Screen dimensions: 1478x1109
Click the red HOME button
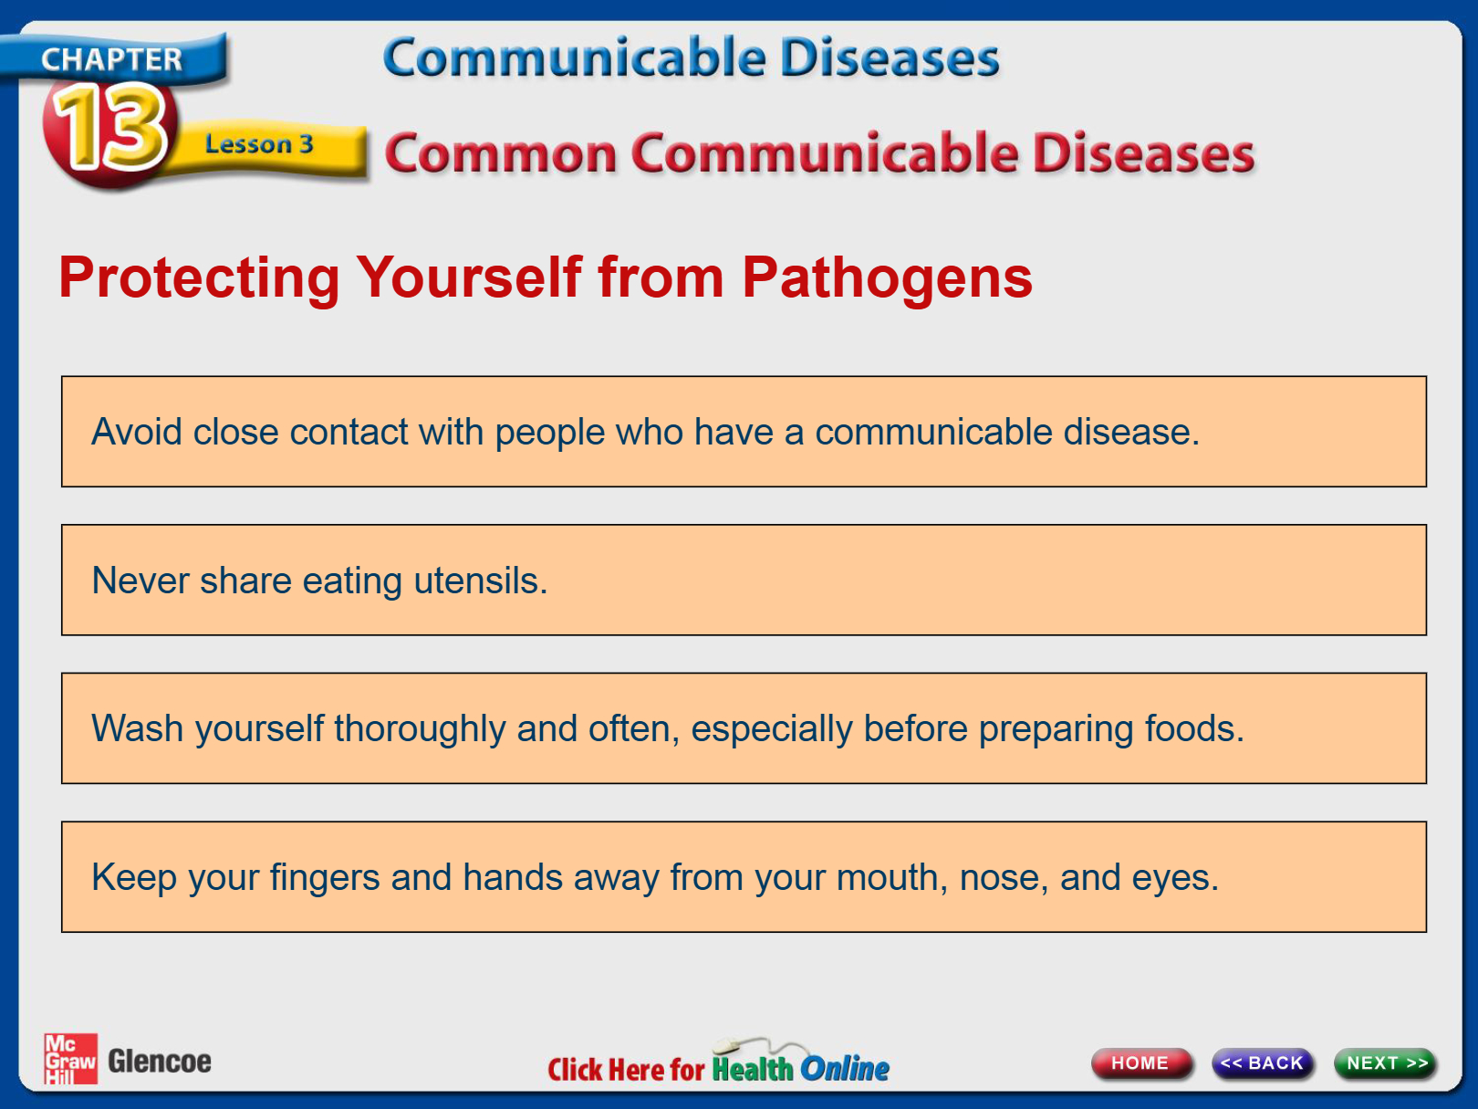tap(1140, 1063)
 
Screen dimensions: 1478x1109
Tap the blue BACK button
tap(1263, 1063)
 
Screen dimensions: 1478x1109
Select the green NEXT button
tap(1386, 1063)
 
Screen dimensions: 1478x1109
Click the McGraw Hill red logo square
tap(70, 1059)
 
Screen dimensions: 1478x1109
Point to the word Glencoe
tap(160, 1062)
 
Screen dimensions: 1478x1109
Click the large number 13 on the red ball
tap(110, 128)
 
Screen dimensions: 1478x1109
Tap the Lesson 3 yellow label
tap(259, 144)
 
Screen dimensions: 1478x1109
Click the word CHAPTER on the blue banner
tap(112, 60)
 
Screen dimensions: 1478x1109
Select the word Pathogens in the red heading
tap(887, 278)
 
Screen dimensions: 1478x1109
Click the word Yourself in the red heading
tap(469, 277)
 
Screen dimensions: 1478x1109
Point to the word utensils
tap(481, 581)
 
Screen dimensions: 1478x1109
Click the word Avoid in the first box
tap(137, 432)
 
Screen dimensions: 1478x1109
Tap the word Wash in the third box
tap(138, 728)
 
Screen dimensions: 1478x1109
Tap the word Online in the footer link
tap(845, 1069)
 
